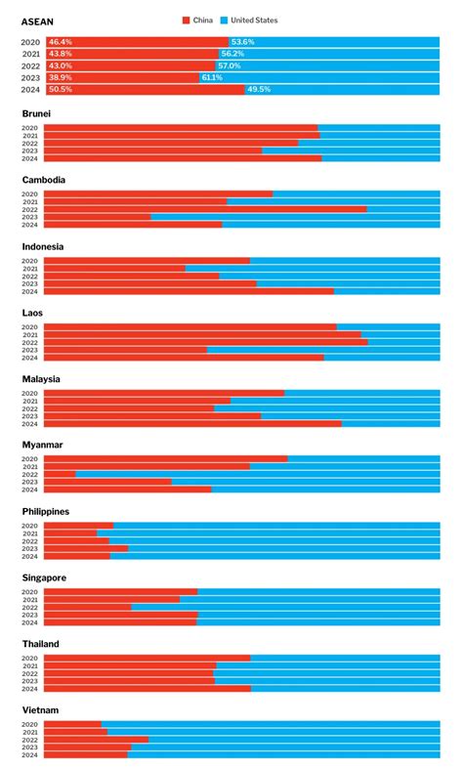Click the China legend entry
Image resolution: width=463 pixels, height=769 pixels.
click(x=199, y=20)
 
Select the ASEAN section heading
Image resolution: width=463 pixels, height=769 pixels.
click(x=36, y=21)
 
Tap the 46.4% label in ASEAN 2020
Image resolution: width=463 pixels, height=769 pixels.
click(x=60, y=42)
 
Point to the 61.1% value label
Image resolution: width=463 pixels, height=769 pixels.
click(x=211, y=77)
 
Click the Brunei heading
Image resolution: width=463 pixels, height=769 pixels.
click(x=36, y=113)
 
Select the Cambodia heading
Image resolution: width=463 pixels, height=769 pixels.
click(x=44, y=180)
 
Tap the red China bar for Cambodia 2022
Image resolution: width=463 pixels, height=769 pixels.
click(x=205, y=209)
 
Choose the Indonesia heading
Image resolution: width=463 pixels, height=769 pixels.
click(x=44, y=246)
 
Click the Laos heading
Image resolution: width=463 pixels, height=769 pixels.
click(x=32, y=313)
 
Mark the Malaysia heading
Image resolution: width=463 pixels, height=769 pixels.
click(x=41, y=379)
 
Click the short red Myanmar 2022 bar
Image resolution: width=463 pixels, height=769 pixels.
click(x=60, y=474)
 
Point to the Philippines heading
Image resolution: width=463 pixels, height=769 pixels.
click(x=47, y=511)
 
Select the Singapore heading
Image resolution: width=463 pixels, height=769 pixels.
click(x=45, y=577)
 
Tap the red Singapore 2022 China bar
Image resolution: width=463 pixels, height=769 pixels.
click(x=88, y=607)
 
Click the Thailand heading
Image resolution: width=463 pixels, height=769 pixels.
click(x=41, y=644)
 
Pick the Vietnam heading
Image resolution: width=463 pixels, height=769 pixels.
click(x=40, y=710)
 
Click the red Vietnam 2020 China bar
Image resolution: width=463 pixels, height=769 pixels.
click(x=72, y=724)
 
